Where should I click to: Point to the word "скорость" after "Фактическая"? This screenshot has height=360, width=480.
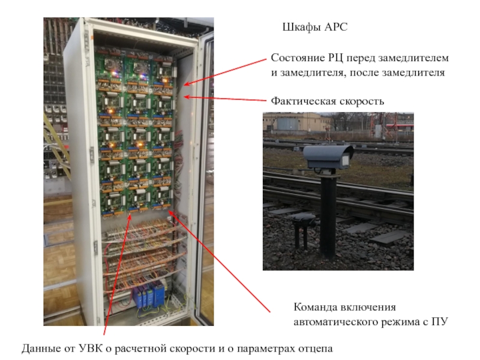[x=361, y=101]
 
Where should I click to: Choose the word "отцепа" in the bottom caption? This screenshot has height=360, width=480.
[x=314, y=349]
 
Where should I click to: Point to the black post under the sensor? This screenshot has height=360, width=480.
[x=328, y=216]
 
